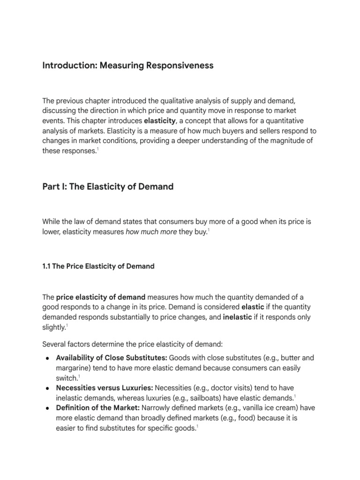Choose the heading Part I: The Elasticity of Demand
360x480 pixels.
[x=108, y=187]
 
